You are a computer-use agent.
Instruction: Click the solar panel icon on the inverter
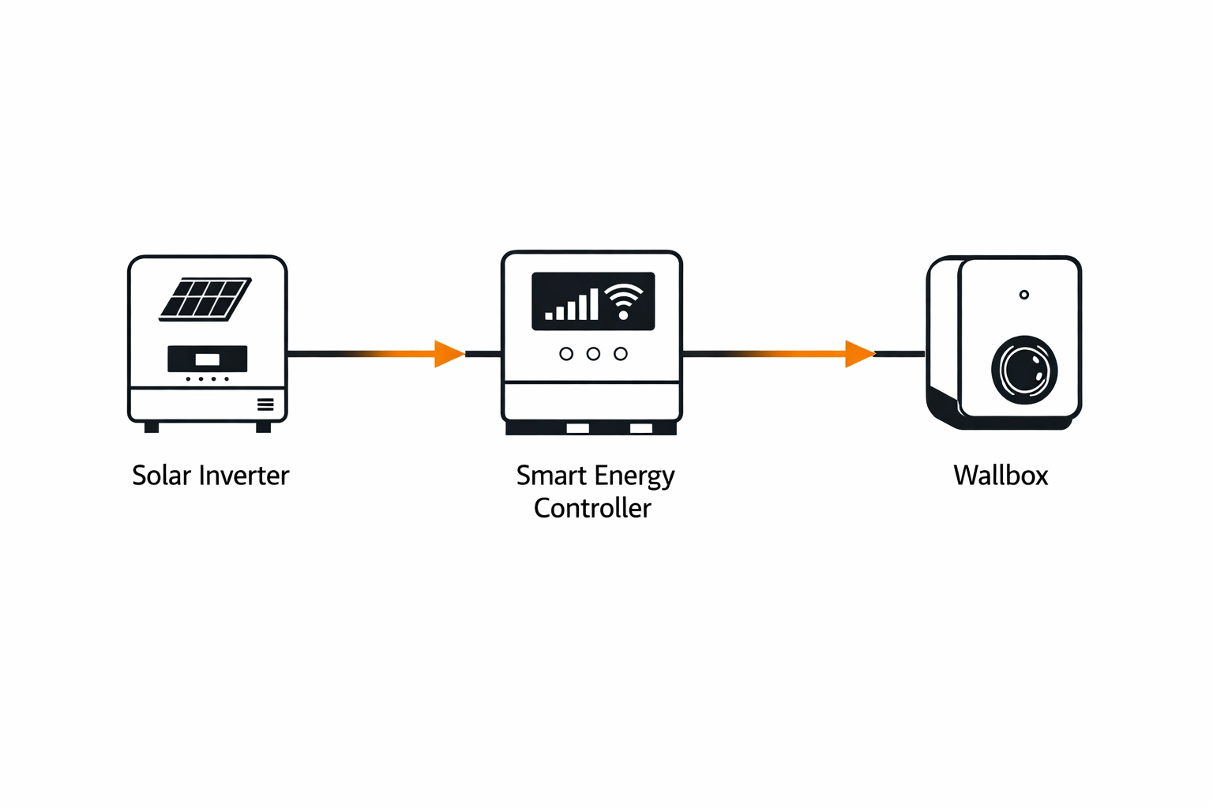click(x=205, y=299)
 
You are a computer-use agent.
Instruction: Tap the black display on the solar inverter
click(x=207, y=359)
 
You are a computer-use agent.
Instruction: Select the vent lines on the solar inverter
click(x=265, y=404)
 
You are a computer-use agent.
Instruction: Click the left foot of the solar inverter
click(x=152, y=427)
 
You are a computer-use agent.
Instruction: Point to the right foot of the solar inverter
click(x=264, y=427)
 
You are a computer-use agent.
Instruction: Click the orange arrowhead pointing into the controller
click(x=449, y=354)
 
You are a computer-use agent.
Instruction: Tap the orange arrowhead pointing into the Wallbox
click(x=859, y=354)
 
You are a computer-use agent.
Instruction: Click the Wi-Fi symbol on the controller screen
click(x=624, y=301)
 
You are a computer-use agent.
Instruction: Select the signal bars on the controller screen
click(x=572, y=305)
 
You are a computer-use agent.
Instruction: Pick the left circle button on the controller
click(x=566, y=354)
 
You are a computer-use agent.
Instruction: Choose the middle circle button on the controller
click(x=593, y=354)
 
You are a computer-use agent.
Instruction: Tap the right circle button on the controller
click(x=621, y=354)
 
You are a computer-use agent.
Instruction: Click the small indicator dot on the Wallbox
click(x=1024, y=295)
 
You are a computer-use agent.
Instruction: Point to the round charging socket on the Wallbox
click(x=1024, y=370)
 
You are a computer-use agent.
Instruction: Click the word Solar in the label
click(x=161, y=476)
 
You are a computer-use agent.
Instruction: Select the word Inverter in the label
click(x=244, y=476)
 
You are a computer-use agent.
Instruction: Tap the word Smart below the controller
click(x=551, y=476)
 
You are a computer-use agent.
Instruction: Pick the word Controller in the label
click(x=592, y=508)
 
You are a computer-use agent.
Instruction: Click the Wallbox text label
click(x=1001, y=476)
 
